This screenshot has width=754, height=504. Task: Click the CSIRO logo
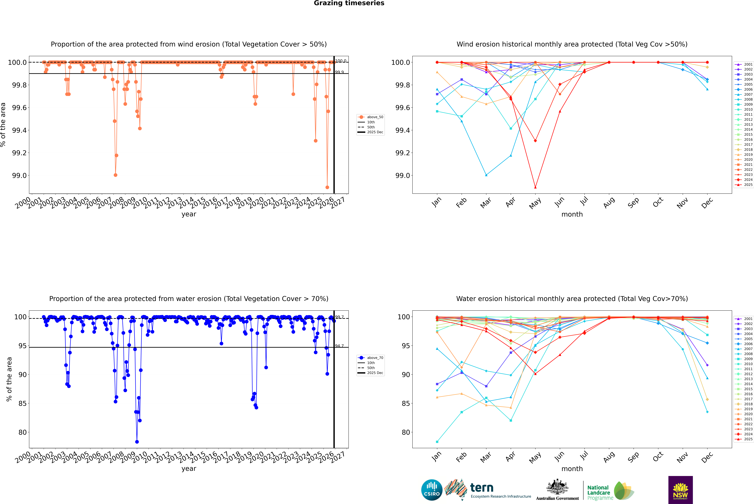(432, 490)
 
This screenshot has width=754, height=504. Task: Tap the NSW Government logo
(680, 490)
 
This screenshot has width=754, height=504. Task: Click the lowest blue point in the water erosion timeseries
(137, 442)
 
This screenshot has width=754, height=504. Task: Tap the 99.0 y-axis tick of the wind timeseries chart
(19, 175)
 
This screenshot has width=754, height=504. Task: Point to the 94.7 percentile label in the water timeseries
(339, 346)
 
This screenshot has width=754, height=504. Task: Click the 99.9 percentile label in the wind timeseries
(339, 72)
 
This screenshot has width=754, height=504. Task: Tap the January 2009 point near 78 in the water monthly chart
(437, 442)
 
